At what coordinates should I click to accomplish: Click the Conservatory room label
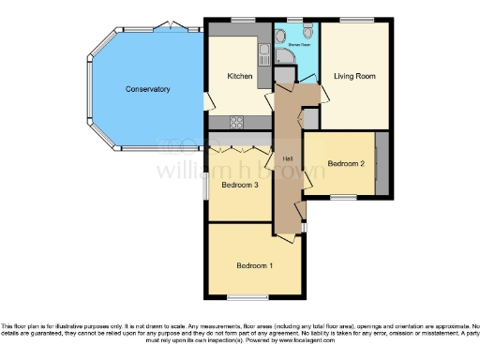(148, 89)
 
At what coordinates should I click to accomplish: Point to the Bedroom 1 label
(255, 265)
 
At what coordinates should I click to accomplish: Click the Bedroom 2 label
(345, 164)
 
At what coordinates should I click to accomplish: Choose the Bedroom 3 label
(239, 185)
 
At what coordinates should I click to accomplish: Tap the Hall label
(290, 157)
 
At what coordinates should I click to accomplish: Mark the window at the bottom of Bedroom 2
(343, 197)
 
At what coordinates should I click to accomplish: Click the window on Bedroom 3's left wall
(208, 185)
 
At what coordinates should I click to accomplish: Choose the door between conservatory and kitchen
(206, 101)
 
